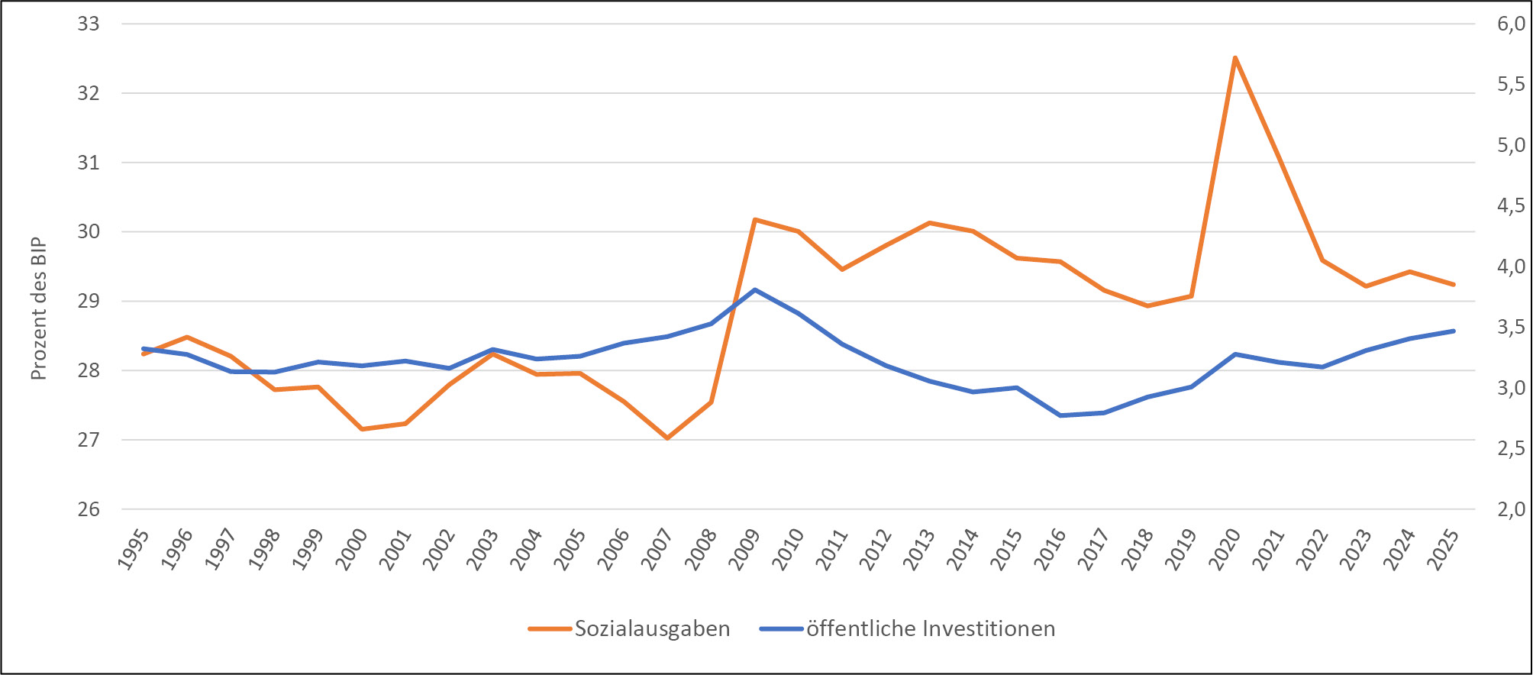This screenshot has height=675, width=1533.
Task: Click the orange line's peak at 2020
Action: pos(1234,58)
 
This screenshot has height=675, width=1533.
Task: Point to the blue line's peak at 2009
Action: pos(754,290)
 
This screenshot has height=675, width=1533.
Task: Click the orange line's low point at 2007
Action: pos(666,438)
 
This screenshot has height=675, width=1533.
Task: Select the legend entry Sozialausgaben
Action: pos(651,628)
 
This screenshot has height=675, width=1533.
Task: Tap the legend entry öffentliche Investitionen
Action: pos(930,628)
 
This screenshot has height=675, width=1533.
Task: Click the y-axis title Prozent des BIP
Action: pos(39,309)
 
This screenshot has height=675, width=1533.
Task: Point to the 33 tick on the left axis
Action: pos(89,24)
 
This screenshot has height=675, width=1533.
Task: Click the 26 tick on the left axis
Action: pos(89,509)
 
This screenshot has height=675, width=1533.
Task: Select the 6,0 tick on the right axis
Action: pos(1511,24)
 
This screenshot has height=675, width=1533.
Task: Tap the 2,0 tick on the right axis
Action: pos(1511,509)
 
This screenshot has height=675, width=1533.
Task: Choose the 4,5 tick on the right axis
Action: pos(1511,205)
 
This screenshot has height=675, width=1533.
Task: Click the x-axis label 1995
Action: pos(134,549)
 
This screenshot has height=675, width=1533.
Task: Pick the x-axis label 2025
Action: pos(1444,549)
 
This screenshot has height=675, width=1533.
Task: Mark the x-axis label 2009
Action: pos(746,549)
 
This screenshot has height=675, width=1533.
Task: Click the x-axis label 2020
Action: pos(1226,549)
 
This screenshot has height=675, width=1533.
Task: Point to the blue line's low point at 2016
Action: pos(1060,415)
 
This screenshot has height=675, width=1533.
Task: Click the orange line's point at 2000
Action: pos(362,429)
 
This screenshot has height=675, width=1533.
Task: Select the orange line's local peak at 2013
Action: pos(929,223)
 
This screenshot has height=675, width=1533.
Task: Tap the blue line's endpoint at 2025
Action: pos(1453,331)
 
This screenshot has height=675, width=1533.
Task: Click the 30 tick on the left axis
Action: pos(89,231)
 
